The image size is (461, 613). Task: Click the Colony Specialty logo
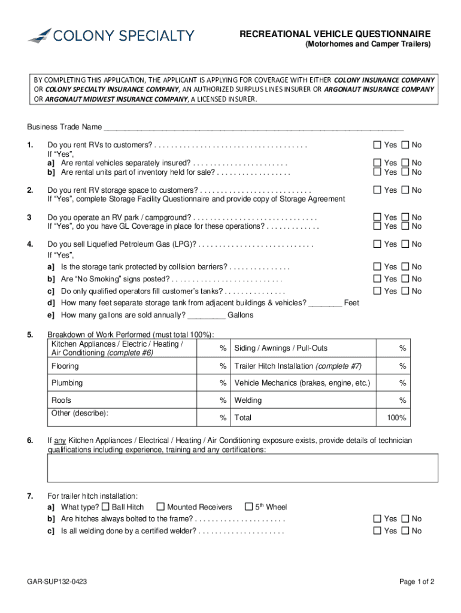click(x=110, y=35)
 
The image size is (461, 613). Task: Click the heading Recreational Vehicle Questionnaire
click(x=335, y=34)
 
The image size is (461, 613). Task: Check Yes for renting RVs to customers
click(x=377, y=145)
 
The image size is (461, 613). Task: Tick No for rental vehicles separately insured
click(x=405, y=163)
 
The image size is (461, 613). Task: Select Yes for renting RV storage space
click(x=377, y=190)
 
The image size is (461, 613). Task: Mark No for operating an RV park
click(x=405, y=217)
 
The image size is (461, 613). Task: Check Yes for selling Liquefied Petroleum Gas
click(x=377, y=244)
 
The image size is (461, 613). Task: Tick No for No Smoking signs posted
click(x=405, y=279)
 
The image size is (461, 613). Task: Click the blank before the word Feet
click(x=325, y=303)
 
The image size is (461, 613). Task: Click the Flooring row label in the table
click(x=65, y=366)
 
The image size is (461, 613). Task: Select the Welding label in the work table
click(x=248, y=400)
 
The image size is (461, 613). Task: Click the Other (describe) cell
click(x=123, y=417)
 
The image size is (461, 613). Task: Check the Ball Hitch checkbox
click(x=107, y=507)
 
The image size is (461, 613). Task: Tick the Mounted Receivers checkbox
click(x=160, y=507)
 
